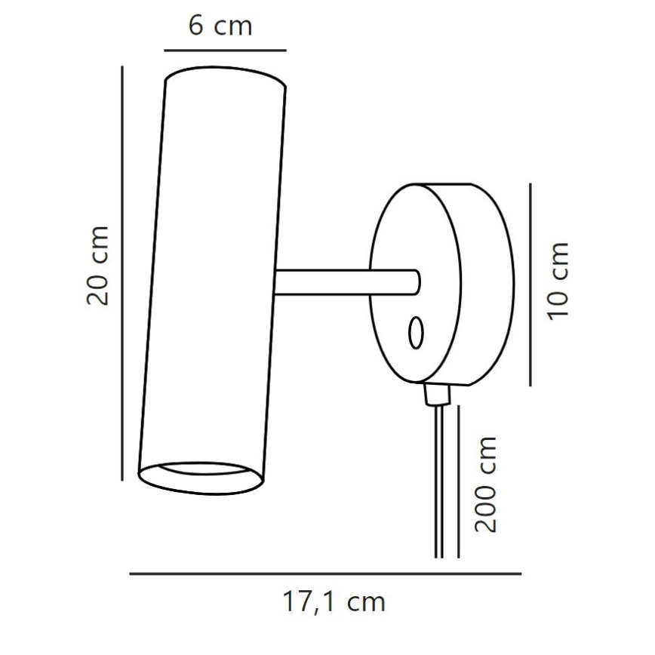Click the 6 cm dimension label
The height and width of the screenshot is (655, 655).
(219, 26)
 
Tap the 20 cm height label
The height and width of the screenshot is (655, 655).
(99, 264)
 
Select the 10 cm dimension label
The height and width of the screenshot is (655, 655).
(558, 280)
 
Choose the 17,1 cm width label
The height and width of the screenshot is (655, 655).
(334, 601)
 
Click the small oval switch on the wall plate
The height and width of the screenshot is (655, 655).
(415, 333)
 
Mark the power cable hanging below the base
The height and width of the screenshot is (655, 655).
(439, 483)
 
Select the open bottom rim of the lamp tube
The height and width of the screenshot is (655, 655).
(201, 476)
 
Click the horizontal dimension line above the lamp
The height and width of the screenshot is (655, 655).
(225, 51)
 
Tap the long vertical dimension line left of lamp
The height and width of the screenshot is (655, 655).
(121, 272)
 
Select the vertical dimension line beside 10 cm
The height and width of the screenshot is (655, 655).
(530, 284)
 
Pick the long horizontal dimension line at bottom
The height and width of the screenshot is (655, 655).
(324, 574)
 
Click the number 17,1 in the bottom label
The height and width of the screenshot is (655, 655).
(307, 601)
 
